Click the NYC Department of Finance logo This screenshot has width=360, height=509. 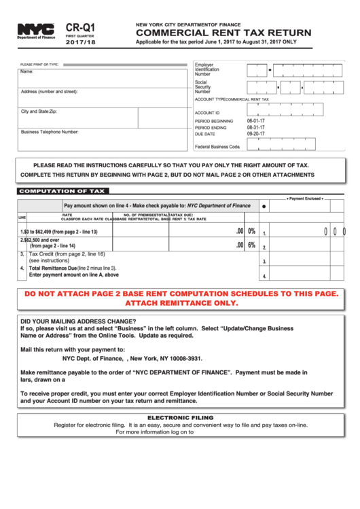(x=37, y=31)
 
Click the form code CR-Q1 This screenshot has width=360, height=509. (x=81, y=27)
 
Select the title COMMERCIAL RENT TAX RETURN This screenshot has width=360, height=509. (x=223, y=33)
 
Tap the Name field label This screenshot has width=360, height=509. (x=27, y=71)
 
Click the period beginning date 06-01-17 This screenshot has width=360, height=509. (x=256, y=120)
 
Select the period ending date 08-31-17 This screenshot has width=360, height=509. (x=256, y=127)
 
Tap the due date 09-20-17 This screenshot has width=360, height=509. (x=256, y=134)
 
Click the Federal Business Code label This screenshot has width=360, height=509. (x=217, y=146)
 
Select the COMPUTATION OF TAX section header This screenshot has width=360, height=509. (x=62, y=192)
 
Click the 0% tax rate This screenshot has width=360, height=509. (x=251, y=231)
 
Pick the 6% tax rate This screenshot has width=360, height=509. (x=251, y=245)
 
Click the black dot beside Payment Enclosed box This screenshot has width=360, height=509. (x=264, y=205)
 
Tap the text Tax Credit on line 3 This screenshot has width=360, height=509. (x=48, y=254)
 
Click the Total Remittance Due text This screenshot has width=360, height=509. (x=52, y=268)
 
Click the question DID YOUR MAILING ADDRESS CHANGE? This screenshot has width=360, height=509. (x=78, y=321)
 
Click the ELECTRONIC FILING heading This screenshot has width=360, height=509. (x=180, y=417)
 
